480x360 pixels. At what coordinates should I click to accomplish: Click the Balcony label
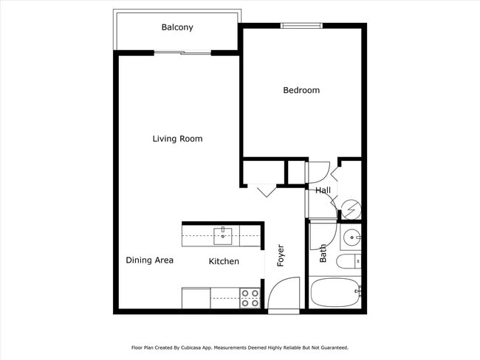point(177,27)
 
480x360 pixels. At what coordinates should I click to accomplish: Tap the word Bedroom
point(301,90)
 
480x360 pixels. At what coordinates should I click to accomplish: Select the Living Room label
point(177,139)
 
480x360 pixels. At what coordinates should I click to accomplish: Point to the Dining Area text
point(149,260)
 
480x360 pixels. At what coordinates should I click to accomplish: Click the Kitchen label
point(224,261)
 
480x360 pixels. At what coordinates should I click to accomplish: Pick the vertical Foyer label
point(280,255)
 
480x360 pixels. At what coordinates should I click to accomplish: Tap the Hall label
point(323,190)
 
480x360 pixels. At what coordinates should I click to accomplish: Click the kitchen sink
point(222,236)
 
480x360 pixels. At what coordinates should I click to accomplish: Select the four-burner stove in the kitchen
point(250,297)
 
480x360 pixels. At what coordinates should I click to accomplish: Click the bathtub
point(335,292)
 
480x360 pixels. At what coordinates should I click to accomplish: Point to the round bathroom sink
point(351,238)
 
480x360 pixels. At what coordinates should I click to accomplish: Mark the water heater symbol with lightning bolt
point(350,209)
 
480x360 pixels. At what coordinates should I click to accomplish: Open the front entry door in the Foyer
point(284,295)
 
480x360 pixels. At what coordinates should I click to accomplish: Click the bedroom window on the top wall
point(301,26)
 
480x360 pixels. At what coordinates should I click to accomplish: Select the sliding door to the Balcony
point(182,52)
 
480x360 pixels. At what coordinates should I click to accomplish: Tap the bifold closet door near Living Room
point(267,190)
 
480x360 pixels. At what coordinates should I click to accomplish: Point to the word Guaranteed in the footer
point(331,347)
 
